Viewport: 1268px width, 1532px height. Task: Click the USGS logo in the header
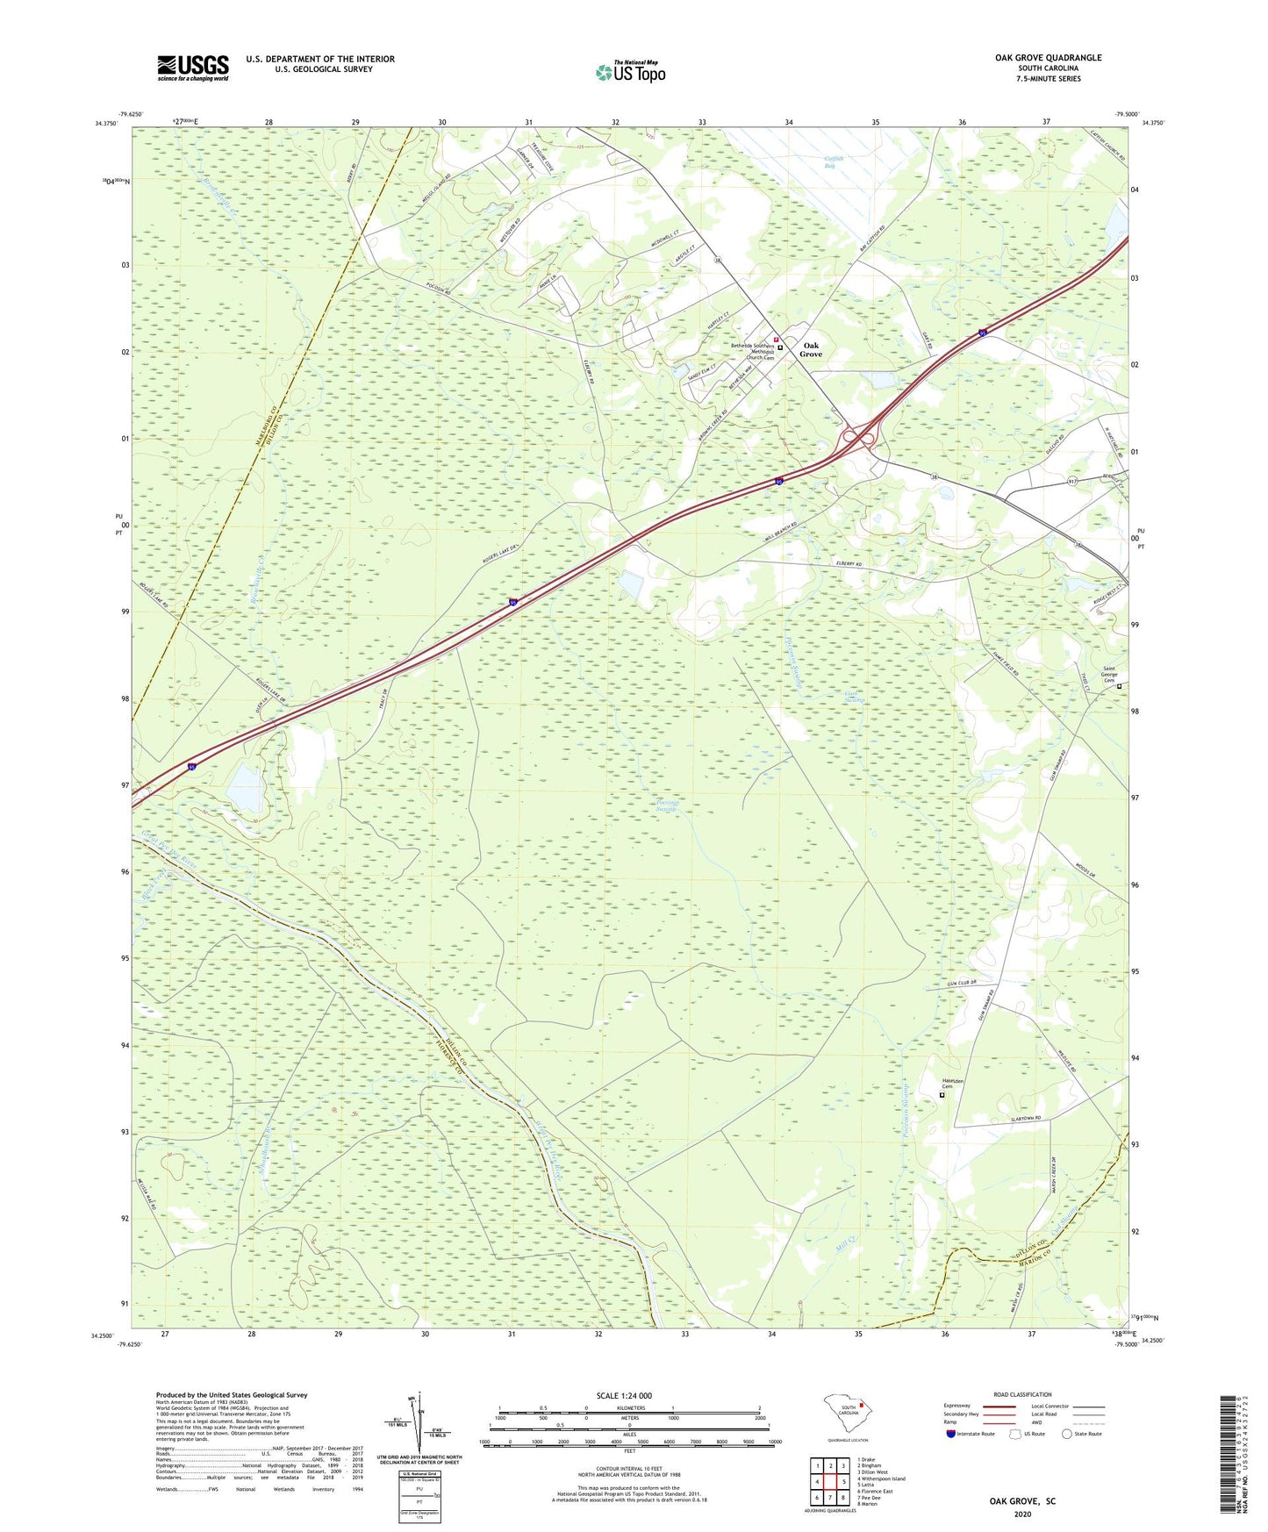tap(192, 68)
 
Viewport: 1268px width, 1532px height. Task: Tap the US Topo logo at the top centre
tap(630, 71)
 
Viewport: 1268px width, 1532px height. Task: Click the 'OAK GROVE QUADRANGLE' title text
tap(1048, 58)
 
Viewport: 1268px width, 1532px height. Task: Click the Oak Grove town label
tap(811, 349)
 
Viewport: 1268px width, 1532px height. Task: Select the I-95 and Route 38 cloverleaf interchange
tap(857, 436)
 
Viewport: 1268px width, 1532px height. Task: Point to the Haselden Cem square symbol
tap(942, 1094)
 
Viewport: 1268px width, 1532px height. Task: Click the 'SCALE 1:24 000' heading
tap(624, 1395)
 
